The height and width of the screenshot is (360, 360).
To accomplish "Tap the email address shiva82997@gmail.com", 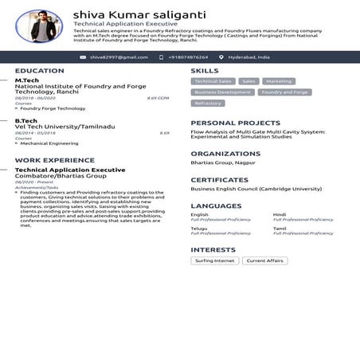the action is click(x=119, y=57).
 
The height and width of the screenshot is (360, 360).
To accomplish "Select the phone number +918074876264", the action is click(x=188, y=57).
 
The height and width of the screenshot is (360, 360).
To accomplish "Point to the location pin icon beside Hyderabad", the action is click(x=221, y=57).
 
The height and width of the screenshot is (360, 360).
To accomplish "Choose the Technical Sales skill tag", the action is click(x=213, y=81).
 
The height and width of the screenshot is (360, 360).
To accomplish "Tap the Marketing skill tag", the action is click(x=278, y=81).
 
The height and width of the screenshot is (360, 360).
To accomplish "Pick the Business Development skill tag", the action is click(x=222, y=92).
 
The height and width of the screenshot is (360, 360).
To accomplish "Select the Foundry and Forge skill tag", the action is click(x=284, y=92).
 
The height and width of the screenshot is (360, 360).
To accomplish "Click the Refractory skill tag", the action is click(x=208, y=104).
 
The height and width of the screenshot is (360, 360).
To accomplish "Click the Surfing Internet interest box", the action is click(x=214, y=260).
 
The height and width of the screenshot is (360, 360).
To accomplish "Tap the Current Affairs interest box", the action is click(x=265, y=260).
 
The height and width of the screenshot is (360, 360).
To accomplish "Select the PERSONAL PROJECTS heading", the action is click(x=235, y=123).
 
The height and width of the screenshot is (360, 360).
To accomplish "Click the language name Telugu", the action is click(x=199, y=228).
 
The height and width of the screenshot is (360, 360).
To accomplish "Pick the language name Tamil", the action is click(x=280, y=228).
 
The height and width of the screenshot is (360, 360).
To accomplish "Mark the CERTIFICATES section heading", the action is click(x=219, y=180).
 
